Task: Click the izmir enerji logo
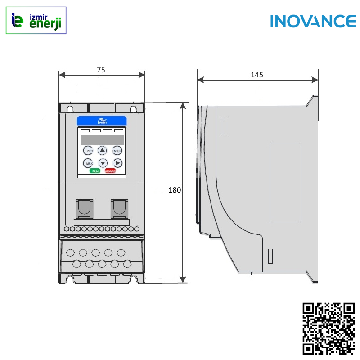[36, 20]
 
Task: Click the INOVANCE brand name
[313, 21]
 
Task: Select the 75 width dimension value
[101, 70]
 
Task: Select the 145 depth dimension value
[257, 75]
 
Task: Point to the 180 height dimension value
[175, 190]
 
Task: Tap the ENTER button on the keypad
[117, 151]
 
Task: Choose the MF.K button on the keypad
[89, 163]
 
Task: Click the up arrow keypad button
[103, 150]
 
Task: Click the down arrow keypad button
[103, 163]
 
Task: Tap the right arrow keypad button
[117, 163]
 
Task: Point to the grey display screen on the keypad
[102, 139]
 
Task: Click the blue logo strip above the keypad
[102, 121]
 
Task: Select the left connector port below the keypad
[84, 209]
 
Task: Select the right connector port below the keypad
[119, 209]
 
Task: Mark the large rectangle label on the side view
[285, 183]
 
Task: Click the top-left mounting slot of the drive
[70, 109]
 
